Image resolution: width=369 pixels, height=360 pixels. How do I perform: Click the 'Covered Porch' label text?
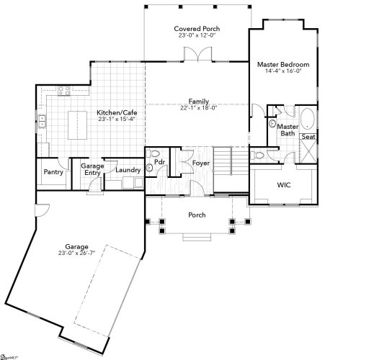[x=197, y=27]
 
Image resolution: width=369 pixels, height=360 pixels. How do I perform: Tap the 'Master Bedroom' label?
[x=283, y=65]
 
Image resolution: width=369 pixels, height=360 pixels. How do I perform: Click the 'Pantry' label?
[x=53, y=172]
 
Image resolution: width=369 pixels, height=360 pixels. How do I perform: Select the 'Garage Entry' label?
[x=92, y=169]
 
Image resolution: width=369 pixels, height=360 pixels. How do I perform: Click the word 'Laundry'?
[x=128, y=170]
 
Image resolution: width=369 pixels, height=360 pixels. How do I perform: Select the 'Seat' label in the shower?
[x=308, y=137]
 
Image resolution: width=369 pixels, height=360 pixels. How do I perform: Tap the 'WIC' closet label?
[x=283, y=185]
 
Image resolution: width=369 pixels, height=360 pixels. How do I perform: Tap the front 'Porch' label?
[x=197, y=215]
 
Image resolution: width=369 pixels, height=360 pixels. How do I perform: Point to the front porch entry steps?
[x=197, y=238]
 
